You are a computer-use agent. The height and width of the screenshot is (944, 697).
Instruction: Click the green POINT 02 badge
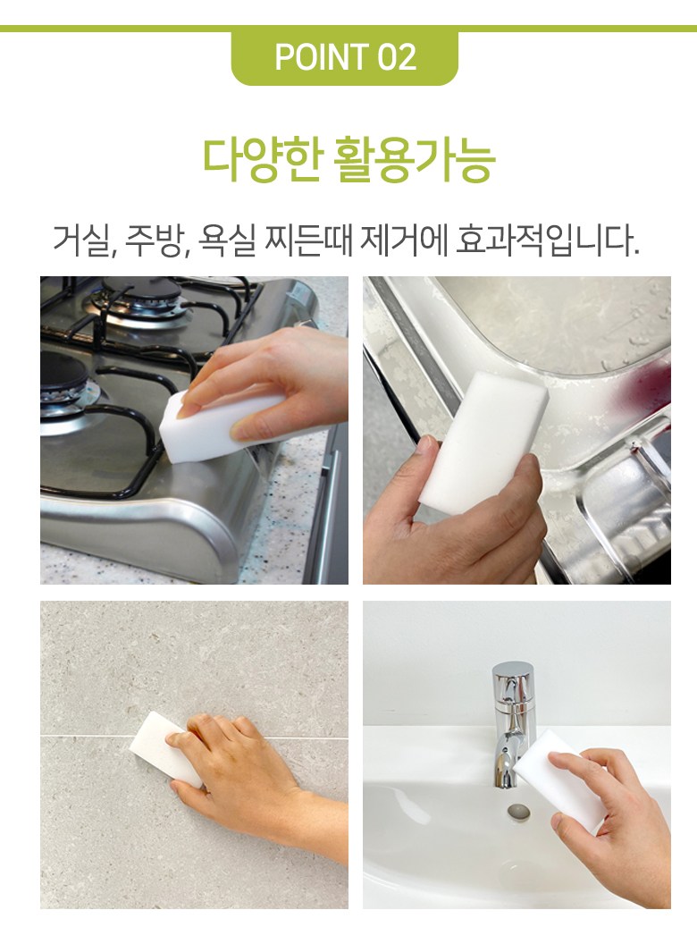345,57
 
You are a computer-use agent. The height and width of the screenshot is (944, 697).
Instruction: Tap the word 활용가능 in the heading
414,159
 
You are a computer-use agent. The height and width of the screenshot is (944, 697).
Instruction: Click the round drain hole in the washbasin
517,811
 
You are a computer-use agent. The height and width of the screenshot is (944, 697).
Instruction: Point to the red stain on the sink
649,388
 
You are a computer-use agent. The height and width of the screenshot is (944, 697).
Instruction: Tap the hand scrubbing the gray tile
253,777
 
